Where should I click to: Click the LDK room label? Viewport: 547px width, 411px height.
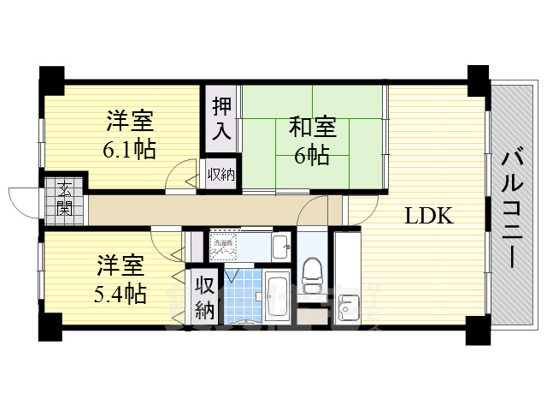tap(429, 216)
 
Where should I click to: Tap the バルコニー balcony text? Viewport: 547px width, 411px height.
tap(514, 209)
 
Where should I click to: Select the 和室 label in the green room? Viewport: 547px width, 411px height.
tap(312, 128)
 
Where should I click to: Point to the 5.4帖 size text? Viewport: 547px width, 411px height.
tap(121, 295)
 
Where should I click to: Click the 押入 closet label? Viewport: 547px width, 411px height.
tap(222, 120)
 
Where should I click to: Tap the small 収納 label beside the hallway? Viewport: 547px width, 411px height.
tap(221, 176)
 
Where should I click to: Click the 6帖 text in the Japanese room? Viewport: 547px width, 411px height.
tap(314, 157)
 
